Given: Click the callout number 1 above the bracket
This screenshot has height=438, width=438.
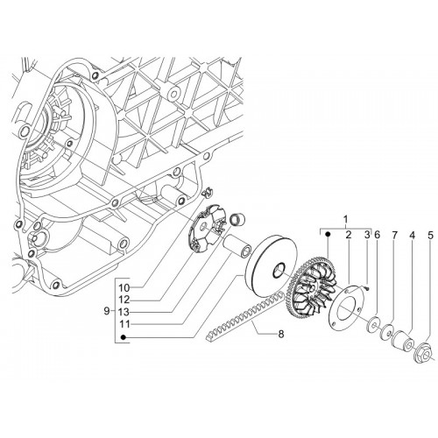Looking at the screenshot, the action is click(x=346, y=219).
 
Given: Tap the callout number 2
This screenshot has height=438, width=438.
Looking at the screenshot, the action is click(x=349, y=235).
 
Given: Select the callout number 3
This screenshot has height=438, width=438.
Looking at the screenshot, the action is click(x=367, y=235).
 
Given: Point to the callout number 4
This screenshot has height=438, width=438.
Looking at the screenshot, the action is click(x=412, y=235).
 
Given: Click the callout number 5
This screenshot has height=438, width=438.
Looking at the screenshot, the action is click(x=431, y=235).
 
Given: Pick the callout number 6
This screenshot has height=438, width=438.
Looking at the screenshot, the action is click(x=377, y=235).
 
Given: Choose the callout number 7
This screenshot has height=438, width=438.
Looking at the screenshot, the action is click(x=394, y=235).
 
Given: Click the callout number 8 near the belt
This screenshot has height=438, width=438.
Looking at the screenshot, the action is click(x=281, y=334).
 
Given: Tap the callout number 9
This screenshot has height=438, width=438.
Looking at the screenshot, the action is click(x=106, y=311).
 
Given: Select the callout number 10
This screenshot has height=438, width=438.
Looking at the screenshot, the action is click(x=124, y=288).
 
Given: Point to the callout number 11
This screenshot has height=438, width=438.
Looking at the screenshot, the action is click(x=124, y=324).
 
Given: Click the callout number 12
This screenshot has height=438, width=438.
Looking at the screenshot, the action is click(x=124, y=300).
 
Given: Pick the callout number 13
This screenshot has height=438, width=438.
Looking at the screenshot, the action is click(x=124, y=312).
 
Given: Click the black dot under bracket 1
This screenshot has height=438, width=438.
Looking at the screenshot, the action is click(x=328, y=234).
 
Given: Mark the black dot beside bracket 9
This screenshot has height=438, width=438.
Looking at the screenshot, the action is click(x=124, y=337).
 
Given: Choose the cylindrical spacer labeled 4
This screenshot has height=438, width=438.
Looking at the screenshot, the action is click(x=403, y=340).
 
